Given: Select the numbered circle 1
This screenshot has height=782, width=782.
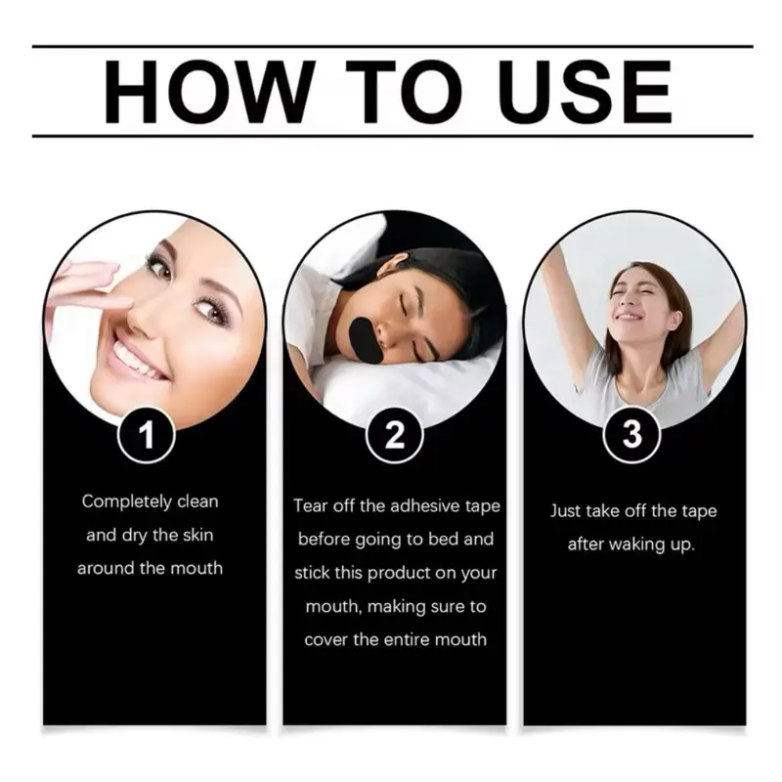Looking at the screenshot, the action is point(146,435).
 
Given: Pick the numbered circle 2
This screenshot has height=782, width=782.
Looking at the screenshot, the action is point(394,435).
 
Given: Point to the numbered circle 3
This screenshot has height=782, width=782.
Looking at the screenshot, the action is point(631,434).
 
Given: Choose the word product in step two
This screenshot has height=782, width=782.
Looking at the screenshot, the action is point(399,574).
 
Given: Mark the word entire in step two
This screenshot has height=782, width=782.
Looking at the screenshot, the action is point(421,639).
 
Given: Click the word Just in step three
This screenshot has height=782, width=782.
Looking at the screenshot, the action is point(566,511).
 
